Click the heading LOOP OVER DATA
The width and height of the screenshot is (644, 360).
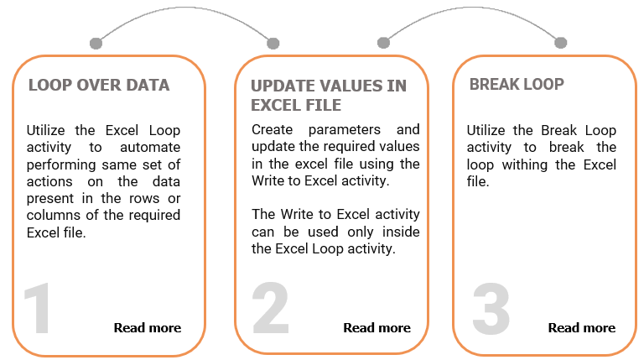[x=99, y=85]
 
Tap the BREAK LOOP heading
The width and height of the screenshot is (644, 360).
[x=517, y=84]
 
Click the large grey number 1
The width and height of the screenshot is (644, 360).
[x=38, y=308]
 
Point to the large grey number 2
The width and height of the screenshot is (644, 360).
[x=270, y=307]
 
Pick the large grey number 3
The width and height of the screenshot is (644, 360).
[x=491, y=308]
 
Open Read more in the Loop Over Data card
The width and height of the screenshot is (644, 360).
[x=148, y=327]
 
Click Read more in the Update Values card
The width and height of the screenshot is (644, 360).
[x=377, y=327]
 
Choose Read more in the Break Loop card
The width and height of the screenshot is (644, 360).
[x=582, y=327]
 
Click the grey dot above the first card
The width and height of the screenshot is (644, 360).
[x=96, y=43]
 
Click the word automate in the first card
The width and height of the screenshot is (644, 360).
[x=150, y=147]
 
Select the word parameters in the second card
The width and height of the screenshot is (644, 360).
[x=344, y=129]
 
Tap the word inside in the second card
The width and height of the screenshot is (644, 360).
[x=401, y=232]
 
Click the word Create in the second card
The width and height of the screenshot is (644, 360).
[x=272, y=129]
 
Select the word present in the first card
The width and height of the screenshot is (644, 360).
[x=50, y=199]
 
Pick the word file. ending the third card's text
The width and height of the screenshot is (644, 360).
[x=478, y=181]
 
